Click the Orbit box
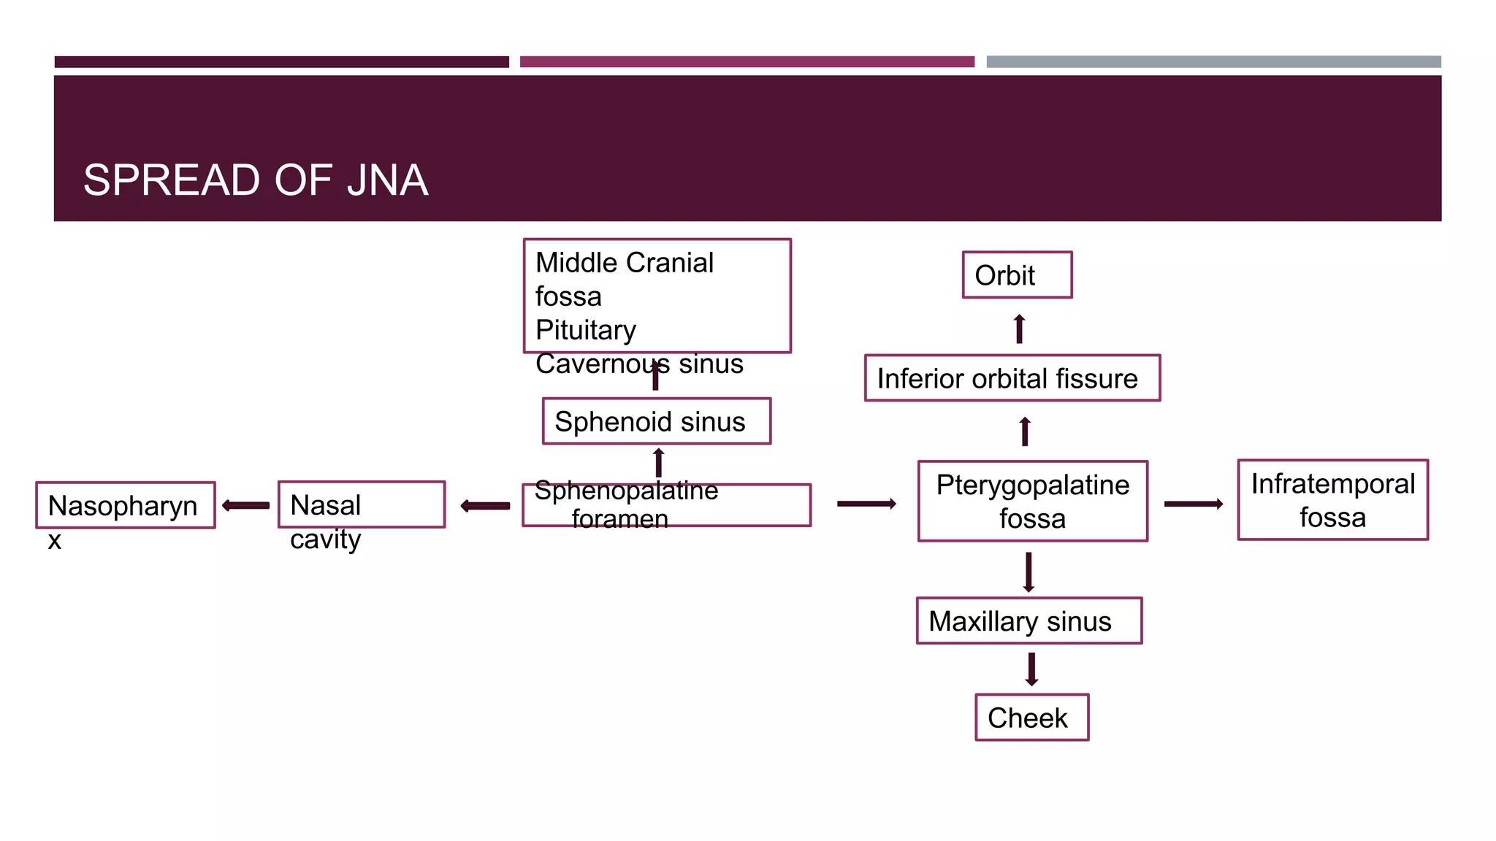pos(1017,275)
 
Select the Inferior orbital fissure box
pos(1012,378)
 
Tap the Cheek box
pos(1031,718)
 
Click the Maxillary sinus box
pos(1028,621)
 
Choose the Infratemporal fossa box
pos(1332,500)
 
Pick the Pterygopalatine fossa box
pos(1032,502)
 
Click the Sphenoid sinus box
pos(656,421)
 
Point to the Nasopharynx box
pos(125,505)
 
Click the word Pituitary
pos(586,330)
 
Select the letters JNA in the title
pos(387,180)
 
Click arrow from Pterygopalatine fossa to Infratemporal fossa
pos(1193,504)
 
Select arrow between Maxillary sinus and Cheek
pos(1031,669)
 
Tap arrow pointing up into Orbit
pos(1020,329)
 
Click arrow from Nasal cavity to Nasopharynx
pos(246,505)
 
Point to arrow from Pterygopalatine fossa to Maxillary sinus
pos(1028,572)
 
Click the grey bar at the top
pos(1213,62)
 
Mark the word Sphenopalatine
pos(626,491)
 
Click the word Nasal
pos(325,505)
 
